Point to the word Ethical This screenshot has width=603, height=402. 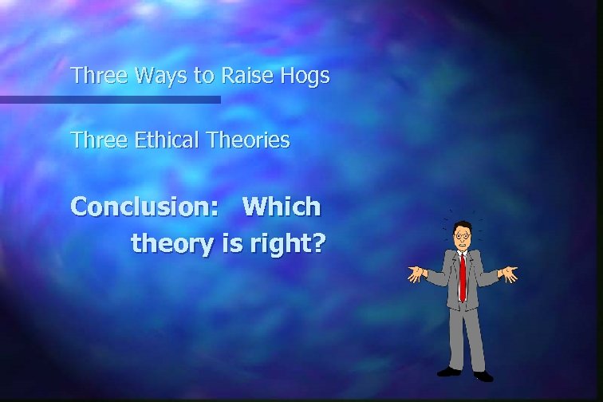(x=166, y=140)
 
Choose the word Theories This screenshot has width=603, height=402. (x=248, y=140)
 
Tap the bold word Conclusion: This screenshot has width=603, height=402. (x=145, y=207)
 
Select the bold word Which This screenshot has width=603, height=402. (x=282, y=207)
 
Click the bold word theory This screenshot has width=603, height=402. (x=173, y=243)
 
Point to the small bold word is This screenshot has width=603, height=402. (x=231, y=242)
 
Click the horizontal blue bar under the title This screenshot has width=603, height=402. (x=110, y=100)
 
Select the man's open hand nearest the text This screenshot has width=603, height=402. (x=416, y=274)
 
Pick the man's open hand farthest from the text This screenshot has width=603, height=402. (x=509, y=274)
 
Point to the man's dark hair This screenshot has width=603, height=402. (x=463, y=227)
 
